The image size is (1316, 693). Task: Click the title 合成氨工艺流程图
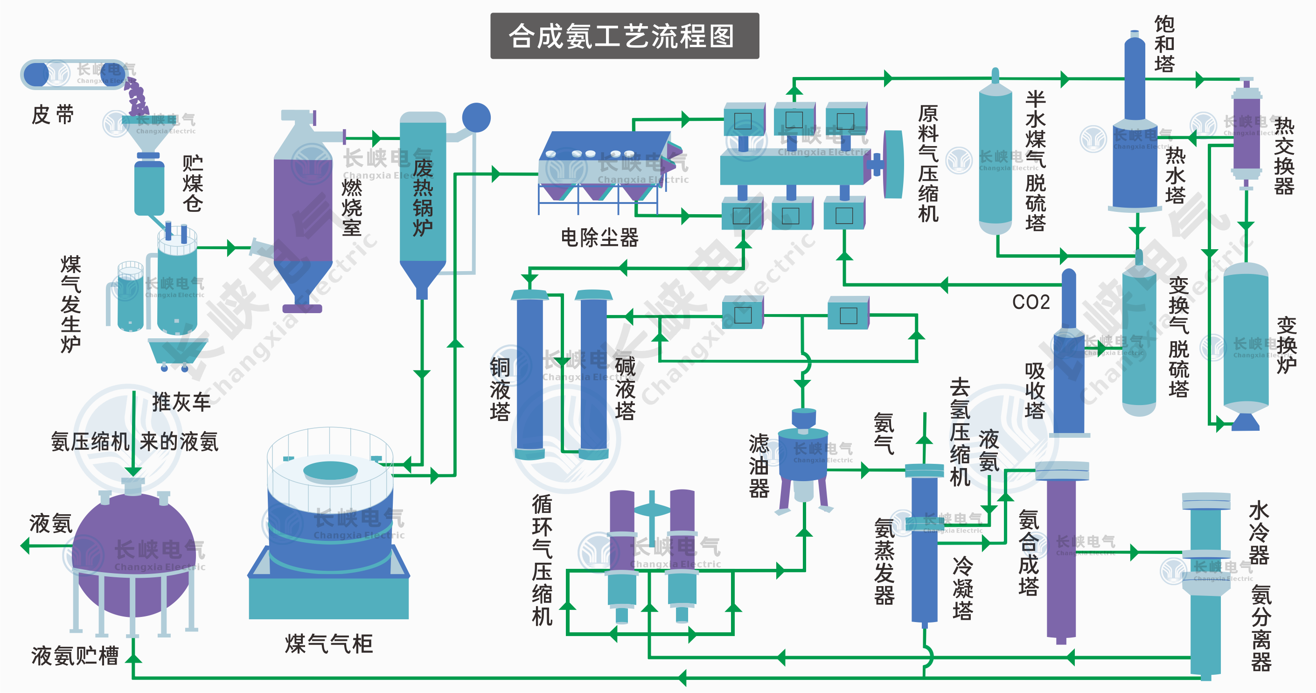(624, 36)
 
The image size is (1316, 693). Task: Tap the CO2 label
(1031, 302)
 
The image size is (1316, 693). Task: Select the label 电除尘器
(599, 238)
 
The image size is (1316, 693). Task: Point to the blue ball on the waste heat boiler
(476, 118)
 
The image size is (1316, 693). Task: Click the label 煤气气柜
(328, 644)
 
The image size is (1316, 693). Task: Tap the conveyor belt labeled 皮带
(73, 75)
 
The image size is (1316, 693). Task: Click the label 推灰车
(181, 402)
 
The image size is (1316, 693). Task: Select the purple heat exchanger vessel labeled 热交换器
(1246, 134)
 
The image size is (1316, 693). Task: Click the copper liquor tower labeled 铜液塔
(530, 376)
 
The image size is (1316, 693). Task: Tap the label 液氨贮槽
(75, 656)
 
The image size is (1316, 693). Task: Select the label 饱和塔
(1164, 44)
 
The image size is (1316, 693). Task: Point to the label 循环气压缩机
(542, 560)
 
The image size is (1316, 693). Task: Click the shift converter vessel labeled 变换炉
(1246, 337)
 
